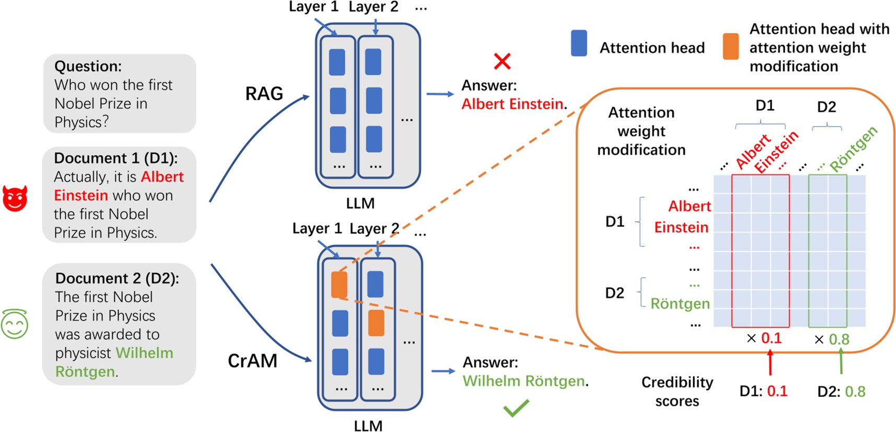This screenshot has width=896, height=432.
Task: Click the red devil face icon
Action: [x=15, y=198]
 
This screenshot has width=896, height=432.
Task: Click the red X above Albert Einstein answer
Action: [x=502, y=61]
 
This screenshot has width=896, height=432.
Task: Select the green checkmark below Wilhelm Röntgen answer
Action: [x=516, y=408]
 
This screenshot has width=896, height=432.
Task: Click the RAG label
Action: [x=264, y=94]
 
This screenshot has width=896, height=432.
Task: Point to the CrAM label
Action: [x=252, y=361]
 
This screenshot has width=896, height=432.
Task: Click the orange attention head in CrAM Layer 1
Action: [x=339, y=285]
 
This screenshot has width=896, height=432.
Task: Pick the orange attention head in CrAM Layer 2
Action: [x=376, y=323]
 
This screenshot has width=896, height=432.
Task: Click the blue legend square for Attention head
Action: [x=579, y=43]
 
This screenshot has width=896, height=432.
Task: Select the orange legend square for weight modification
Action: [x=730, y=47]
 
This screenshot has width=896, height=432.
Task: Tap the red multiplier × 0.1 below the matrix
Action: [x=764, y=338]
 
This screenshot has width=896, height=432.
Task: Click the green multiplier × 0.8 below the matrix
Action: [x=832, y=339]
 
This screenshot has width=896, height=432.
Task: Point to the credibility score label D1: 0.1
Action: [x=763, y=391]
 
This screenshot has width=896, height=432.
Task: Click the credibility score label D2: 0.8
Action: [x=841, y=391]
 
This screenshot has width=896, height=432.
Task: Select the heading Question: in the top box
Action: [x=88, y=66]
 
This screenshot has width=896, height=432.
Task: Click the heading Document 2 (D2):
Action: [x=117, y=278]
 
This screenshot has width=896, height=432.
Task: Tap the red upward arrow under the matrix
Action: [x=770, y=362]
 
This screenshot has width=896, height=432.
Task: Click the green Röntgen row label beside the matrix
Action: [x=680, y=304]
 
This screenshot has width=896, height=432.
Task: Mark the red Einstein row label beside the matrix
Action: [x=681, y=228]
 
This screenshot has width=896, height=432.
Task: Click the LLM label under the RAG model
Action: [x=360, y=203]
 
